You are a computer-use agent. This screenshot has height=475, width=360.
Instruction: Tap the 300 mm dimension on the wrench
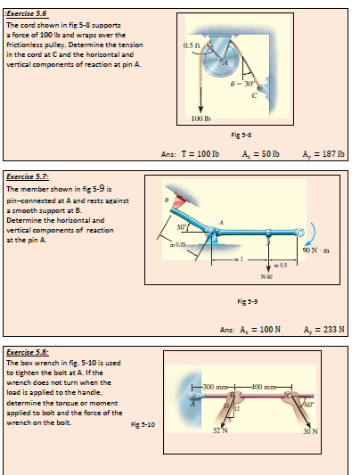pyautogui.click(x=217, y=367)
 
